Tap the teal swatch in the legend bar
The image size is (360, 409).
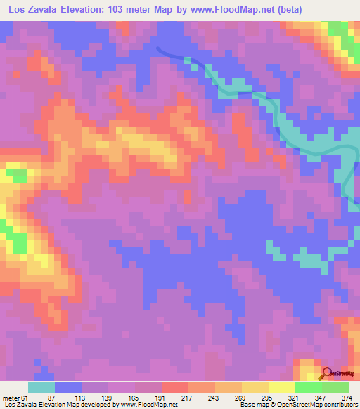click(41, 388)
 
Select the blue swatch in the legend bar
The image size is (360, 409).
click(67, 388)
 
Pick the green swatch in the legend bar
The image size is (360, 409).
click(308, 388)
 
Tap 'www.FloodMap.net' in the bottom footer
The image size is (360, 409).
click(149, 405)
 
